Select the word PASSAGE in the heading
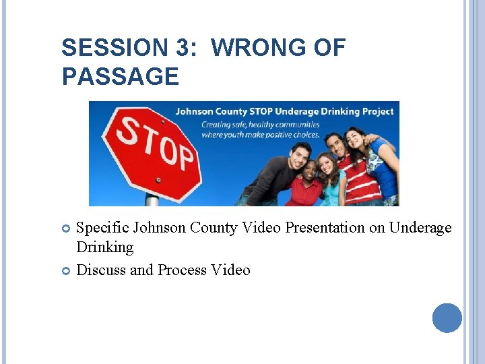[120, 76]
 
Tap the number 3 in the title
[181, 48]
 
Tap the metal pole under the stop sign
[152, 201]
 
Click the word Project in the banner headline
[374, 111]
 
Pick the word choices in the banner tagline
[304, 134]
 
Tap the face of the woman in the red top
[310, 171]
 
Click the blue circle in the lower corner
[447, 317]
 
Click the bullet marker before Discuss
[66, 271]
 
